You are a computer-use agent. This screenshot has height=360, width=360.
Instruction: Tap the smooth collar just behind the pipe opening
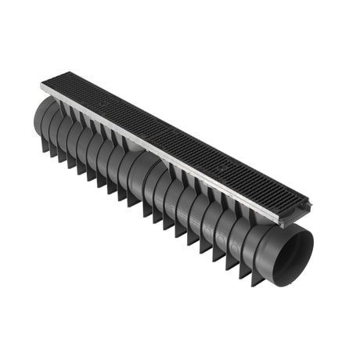click(x=262, y=235)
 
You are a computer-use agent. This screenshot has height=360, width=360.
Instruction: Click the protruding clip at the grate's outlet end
click(x=312, y=205)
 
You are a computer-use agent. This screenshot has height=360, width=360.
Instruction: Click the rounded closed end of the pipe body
click(x=39, y=117)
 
